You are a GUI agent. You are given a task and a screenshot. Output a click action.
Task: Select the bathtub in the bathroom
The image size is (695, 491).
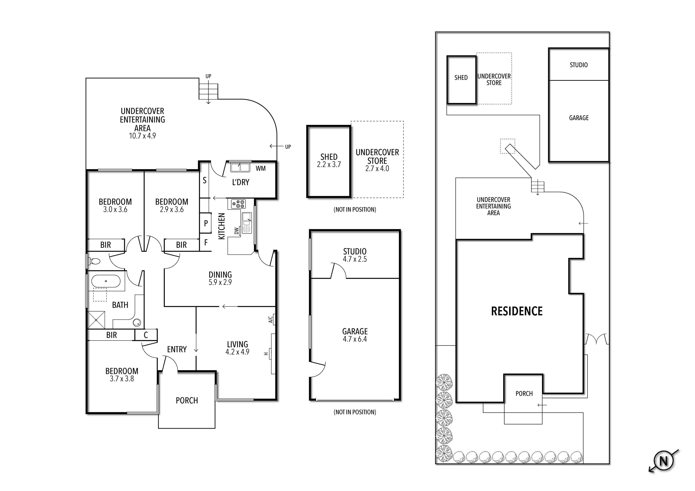click(x=106, y=281)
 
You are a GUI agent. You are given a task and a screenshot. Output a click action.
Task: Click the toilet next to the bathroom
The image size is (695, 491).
click(x=95, y=261)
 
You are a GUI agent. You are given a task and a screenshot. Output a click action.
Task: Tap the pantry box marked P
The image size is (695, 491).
click(x=206, y=223)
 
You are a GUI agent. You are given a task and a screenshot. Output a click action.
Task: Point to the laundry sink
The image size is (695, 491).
click(x=240, y=167)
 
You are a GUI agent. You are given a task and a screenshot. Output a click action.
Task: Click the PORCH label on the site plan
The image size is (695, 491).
click(x=524, y=393)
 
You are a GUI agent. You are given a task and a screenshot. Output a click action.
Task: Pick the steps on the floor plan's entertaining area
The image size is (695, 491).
click(x=208, y=91)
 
